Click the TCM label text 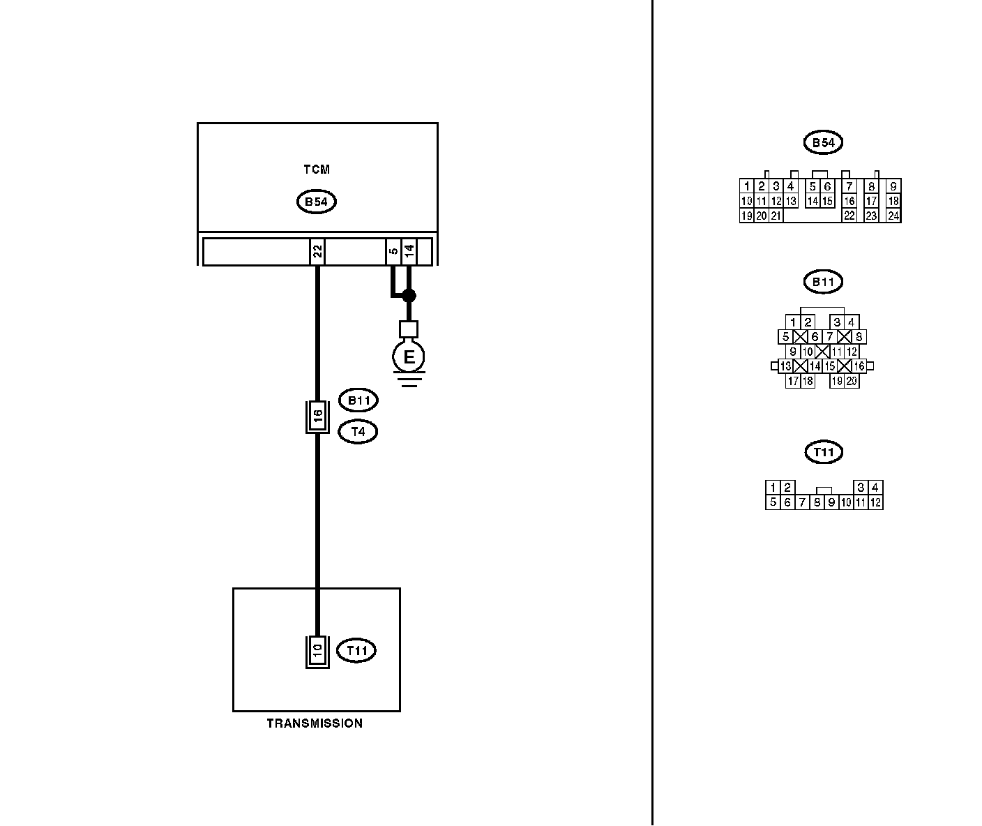point(317,170)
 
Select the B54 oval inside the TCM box point(317,202)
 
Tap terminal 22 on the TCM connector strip point(317,252)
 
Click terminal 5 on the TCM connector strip point(394,252)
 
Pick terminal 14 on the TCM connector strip point(409,252)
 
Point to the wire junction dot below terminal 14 point(409,296)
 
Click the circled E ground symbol point(409,357)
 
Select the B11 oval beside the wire point(358,401)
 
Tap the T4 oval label point(358,432)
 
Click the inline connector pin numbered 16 point(317,416)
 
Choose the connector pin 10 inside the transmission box point(317,652)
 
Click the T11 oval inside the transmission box point(356,651)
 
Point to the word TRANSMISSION point(315,723)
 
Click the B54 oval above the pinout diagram point(823,143)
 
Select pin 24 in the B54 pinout point(893,216)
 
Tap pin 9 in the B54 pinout point(893,186)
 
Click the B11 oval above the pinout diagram point(823,283)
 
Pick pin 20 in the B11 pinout point(852,382)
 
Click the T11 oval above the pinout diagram point(824,453)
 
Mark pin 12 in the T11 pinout point(875,502)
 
